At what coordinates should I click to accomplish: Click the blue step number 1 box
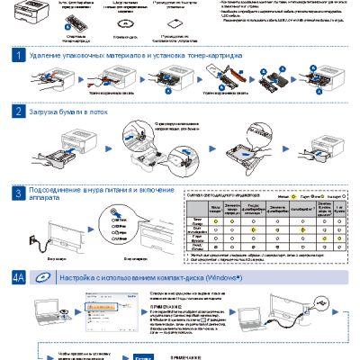coord(18,56)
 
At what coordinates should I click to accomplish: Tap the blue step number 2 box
coord(18,112)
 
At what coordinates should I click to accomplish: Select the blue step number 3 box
coord(18,193)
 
